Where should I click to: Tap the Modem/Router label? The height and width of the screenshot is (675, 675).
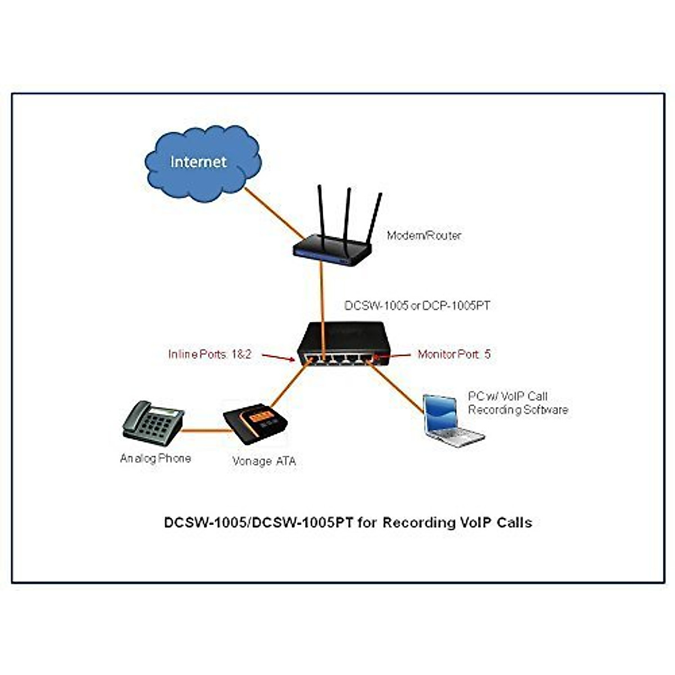pos(424,236)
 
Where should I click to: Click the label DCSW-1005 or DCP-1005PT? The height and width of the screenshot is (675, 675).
pos(417,305)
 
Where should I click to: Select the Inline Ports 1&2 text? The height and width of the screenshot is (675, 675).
pos(210,354)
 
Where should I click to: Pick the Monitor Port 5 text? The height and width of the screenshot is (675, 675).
pos(454,354)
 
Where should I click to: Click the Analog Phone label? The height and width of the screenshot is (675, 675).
pos(155,458)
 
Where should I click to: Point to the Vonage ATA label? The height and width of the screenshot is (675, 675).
pos(264,462)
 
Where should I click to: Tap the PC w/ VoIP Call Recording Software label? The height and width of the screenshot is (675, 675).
pos(517,403)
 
